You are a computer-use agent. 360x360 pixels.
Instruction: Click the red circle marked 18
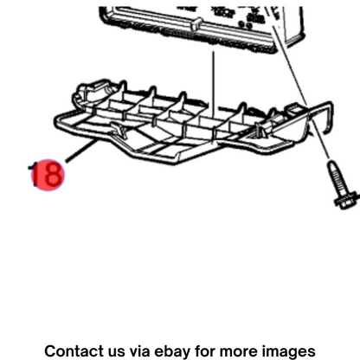click(x=48, y=175)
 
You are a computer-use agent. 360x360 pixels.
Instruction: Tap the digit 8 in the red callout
click(x=54, y=175)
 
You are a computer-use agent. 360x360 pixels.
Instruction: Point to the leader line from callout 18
click(x=81, y=151)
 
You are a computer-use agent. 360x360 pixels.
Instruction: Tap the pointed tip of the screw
click(x=331, y=164)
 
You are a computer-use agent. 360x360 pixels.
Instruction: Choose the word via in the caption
click(x=139, y=351)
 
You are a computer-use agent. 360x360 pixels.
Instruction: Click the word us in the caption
click(x=117, y=352)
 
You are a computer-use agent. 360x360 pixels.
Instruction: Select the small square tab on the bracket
click(x=292, y=109)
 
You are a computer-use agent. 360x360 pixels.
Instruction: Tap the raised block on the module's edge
click(x=196, y=23)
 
